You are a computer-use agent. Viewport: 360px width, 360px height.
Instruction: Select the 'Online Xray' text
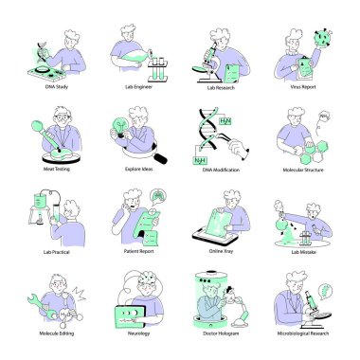tap(220, 253)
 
